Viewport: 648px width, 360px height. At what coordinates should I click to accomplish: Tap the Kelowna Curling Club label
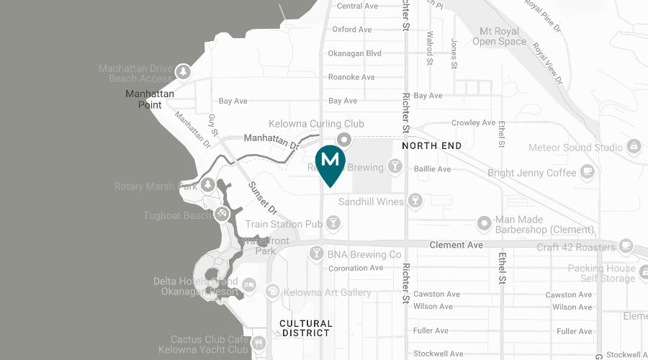click(x=316, y=124)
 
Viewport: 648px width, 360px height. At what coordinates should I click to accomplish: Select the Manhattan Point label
click(x=150, y=99)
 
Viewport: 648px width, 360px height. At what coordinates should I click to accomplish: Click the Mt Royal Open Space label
click(x=499, y=36)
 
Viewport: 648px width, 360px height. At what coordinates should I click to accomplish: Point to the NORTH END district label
click(x=432, y=145)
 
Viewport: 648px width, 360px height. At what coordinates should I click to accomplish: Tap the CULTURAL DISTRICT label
click(x=306, y=328)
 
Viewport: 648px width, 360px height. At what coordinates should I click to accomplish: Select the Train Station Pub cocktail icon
click(x=333, y=224)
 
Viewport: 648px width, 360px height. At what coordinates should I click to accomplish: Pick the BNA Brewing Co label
click(x=364, y=254)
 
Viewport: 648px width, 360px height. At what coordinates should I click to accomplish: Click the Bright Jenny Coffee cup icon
click(x=588, y=172)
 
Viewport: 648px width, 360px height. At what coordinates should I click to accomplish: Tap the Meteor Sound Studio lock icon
click(x=634, y=147)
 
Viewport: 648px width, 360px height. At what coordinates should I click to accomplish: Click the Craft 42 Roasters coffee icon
click(x=626, y=247)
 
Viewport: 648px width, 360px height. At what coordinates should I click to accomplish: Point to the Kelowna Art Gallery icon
click(x=272, y=292)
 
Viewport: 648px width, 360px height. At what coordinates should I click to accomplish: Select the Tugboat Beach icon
click(x=222, y=214)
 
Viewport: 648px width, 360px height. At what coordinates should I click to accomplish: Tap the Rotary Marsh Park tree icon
click(x=208, y=185)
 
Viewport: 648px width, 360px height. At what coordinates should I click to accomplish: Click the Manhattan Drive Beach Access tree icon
click(x=184, y=72)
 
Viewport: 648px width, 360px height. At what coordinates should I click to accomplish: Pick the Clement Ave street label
click(x=456, y=245)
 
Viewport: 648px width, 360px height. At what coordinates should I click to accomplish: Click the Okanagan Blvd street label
click(x=354, y=53)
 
